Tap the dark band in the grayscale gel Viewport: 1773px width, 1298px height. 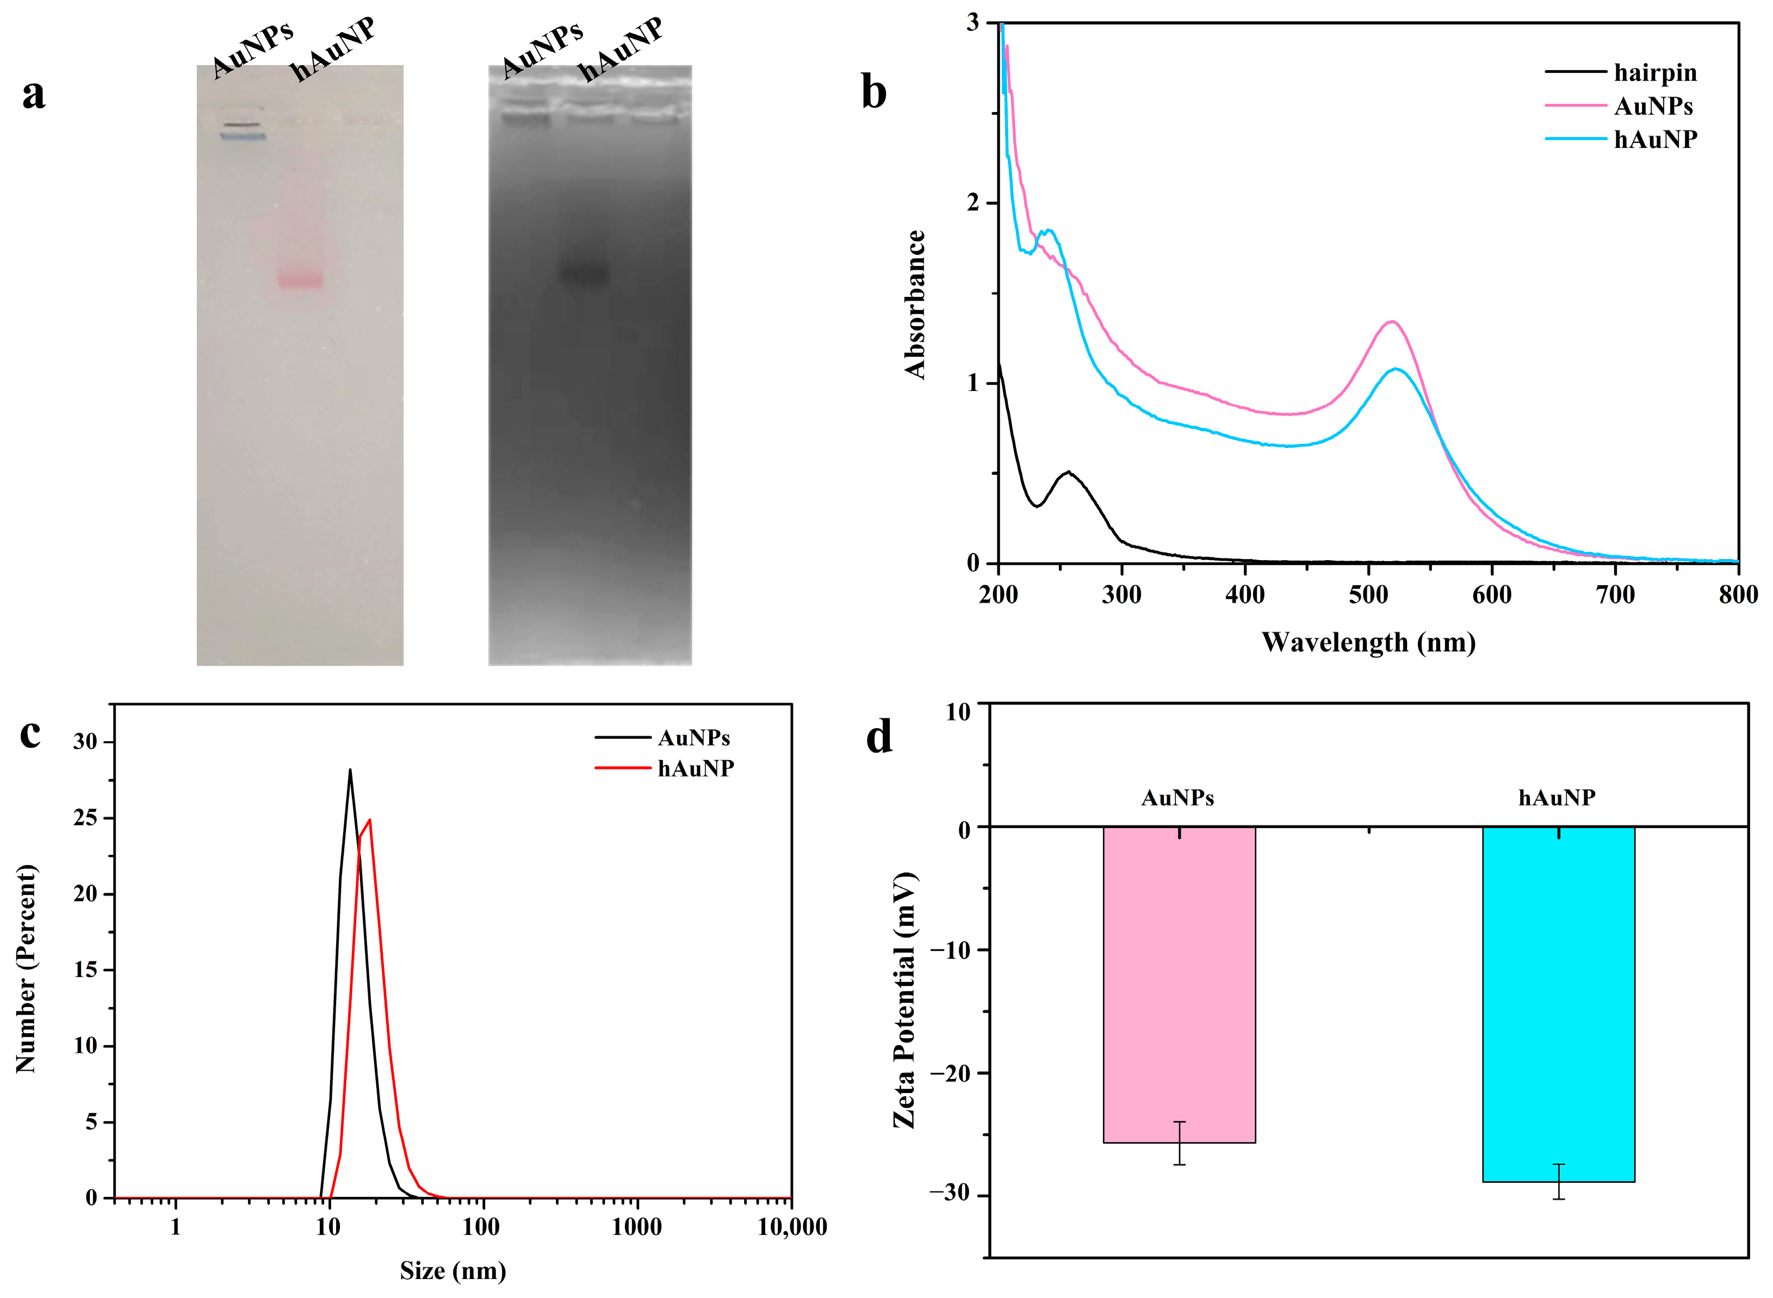[x=583, y=274]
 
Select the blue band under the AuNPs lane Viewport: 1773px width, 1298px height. [x=243, y=136]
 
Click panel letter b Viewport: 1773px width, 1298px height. [x=874, y=92]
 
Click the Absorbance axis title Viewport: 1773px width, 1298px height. [x=915, y=305]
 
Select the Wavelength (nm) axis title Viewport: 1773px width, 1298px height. [x=1368, y=643]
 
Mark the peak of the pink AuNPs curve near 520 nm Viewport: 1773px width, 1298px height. [x=1392, y=321]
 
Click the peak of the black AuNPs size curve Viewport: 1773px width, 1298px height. [x=350, y=770]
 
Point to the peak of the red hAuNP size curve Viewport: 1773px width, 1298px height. [x=369, y=819]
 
